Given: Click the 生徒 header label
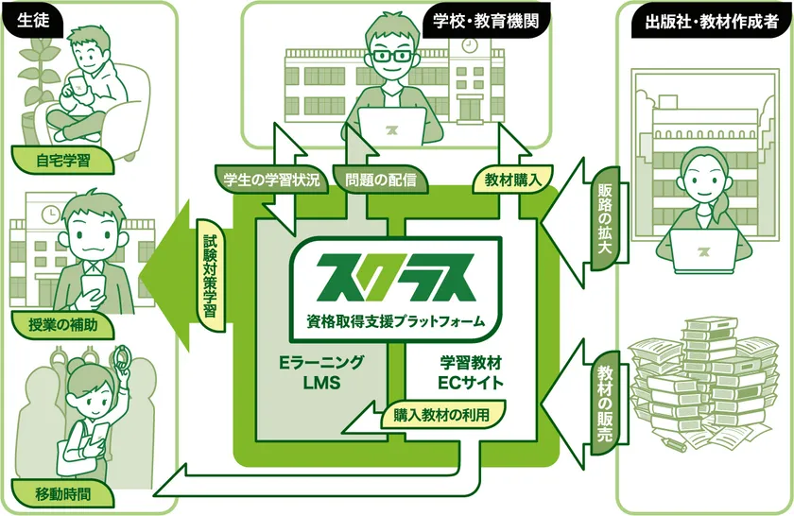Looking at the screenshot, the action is tap(34, 20).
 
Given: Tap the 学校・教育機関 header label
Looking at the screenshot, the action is tap(485, 21).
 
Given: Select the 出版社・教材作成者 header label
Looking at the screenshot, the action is tap(712, 22).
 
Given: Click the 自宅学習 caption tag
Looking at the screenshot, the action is tap(62, 161).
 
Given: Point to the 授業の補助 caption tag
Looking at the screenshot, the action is tap(62, 324).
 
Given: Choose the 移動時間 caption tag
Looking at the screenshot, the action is tap(62, 493).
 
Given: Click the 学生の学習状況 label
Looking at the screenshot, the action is tap(271, 180).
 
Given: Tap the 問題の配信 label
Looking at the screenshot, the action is tap(380, 180).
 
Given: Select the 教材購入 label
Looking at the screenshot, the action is tap(512, 180).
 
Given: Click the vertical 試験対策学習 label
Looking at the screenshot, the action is tap(210, 276).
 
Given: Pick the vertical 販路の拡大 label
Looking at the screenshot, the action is tap(605, 218).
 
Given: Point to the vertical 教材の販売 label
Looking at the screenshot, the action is tap(605, 404).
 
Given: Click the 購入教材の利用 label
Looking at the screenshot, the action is tap(442, 415).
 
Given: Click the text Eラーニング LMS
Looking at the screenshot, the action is tap(321, 372).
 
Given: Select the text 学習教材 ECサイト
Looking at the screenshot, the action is tap(471, 372).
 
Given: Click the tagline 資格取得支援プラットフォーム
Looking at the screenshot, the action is tap(395, 321).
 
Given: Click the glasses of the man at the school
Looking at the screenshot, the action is tap(391, 56).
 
